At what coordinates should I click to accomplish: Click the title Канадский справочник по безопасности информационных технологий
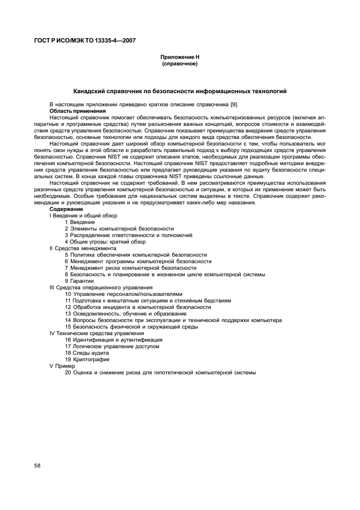180,91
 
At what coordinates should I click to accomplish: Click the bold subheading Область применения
72,110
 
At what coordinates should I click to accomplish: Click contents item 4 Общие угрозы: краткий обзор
98,241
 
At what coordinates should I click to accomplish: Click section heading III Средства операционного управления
101,287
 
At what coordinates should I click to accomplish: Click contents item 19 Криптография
87,359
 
